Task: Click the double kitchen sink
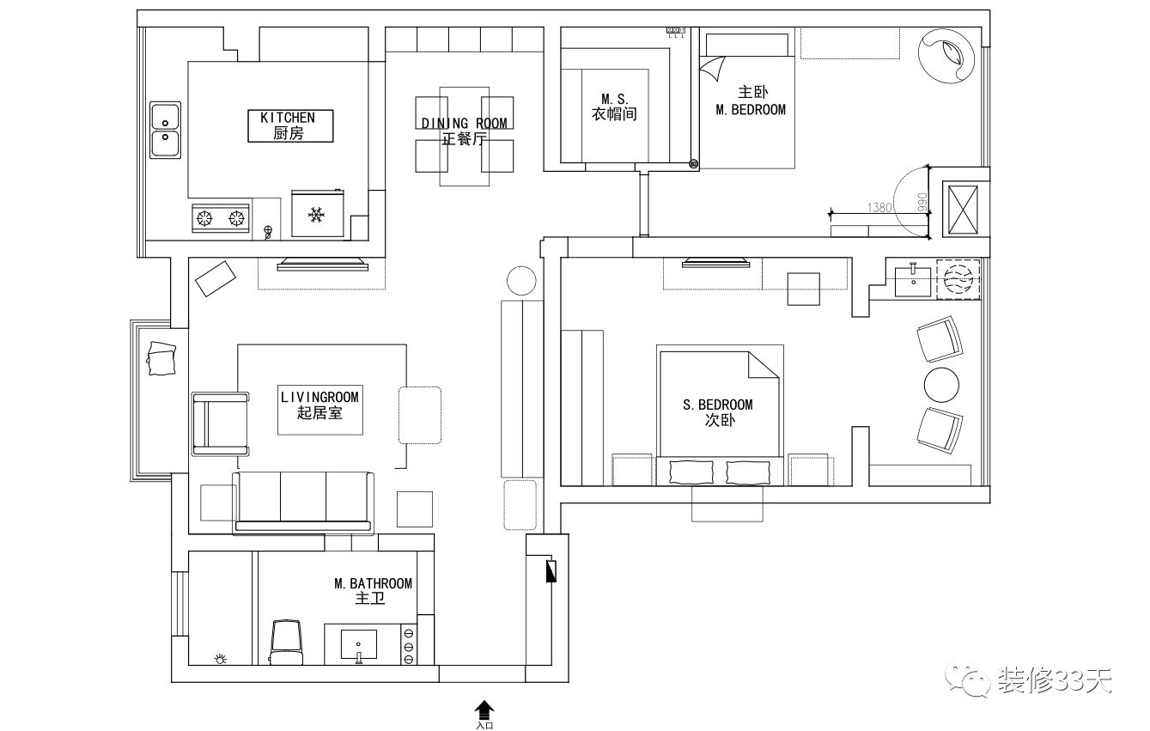tap(165, 130)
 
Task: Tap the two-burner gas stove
tap(220, 218)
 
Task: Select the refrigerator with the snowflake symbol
tap(317, 213)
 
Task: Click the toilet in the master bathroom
tap(287, 641)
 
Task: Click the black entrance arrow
tap(485, 710)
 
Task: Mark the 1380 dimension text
tap(879, 207)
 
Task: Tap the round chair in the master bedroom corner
tap(947, 53)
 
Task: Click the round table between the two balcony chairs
tap(942, 385)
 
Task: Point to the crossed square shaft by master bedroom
tap(961, 208)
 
